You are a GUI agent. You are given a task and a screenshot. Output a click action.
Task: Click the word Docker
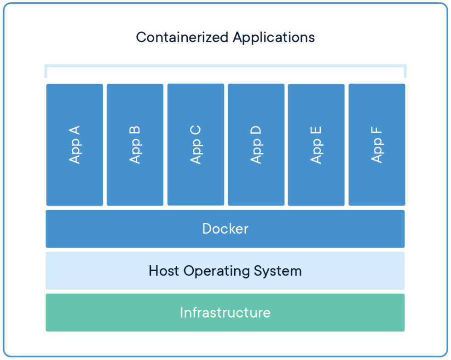[x=225, y=229]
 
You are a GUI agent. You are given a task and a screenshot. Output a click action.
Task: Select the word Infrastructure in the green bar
[x=225, y=313]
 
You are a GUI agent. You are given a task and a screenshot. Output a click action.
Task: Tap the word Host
[x=164, y=271]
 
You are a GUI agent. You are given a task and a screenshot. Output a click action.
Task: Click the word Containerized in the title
[x=182, y=37]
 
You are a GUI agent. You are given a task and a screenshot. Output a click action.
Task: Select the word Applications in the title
[x=273, y=37]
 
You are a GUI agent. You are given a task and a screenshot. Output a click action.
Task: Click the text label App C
[x=196, y=144]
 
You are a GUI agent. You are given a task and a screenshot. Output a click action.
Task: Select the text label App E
[x=316, y=144]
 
